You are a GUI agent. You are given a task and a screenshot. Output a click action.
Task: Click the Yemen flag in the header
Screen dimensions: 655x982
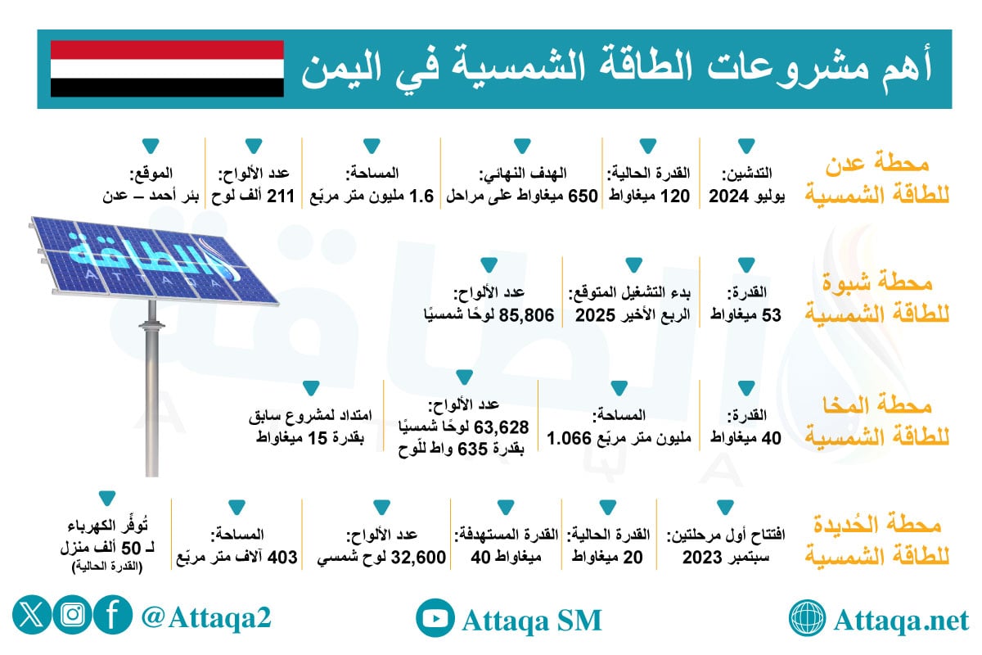(x=167, y=69)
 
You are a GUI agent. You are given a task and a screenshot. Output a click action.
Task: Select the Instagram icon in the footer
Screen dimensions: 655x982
(x=72, y=616)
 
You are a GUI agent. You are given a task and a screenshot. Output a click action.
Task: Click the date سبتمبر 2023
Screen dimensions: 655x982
(x=724, y=558)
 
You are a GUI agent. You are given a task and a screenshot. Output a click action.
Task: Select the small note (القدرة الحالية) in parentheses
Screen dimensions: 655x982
(x=106, y=567)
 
